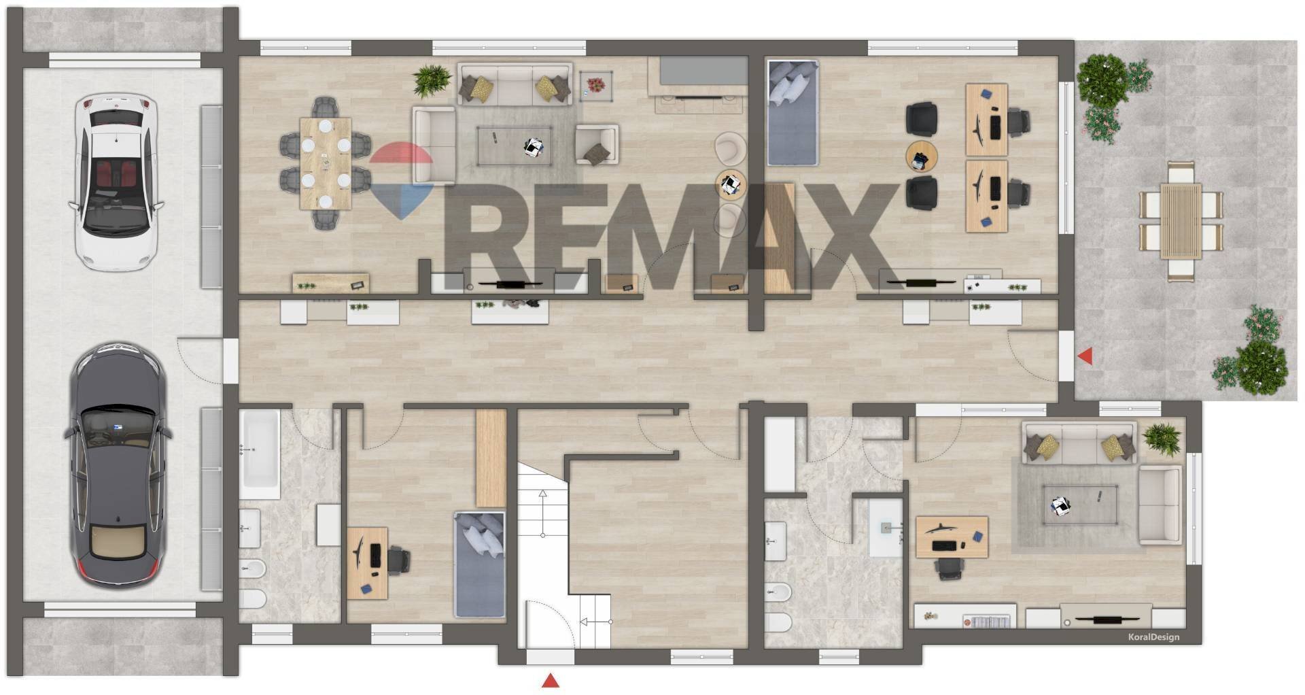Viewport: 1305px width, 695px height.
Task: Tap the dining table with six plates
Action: tap(326, 163)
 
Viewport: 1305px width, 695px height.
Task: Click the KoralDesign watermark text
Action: tap(1153, 637)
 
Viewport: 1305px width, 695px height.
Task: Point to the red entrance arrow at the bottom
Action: tap(550, 681)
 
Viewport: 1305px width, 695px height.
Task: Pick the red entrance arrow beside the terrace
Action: tap(1085, 356)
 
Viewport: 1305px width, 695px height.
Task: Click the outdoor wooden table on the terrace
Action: tap(1181, 220)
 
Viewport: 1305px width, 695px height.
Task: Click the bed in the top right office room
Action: tap(792, 113)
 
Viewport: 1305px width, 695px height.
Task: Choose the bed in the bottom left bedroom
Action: tap(479, 564)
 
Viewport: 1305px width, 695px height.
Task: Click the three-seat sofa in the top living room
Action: tap(515, 84)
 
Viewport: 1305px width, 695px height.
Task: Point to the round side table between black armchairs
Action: tap(921, 157)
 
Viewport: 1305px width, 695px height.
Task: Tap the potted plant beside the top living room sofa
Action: tap(431, 80)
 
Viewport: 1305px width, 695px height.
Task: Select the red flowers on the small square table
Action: tap(596, 85)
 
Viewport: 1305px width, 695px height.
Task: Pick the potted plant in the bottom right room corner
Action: tap(1162, 439)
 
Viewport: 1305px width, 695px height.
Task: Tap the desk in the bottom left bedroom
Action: tap(367, 563)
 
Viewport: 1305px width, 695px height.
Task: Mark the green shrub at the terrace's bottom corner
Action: tap(1261, 367)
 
